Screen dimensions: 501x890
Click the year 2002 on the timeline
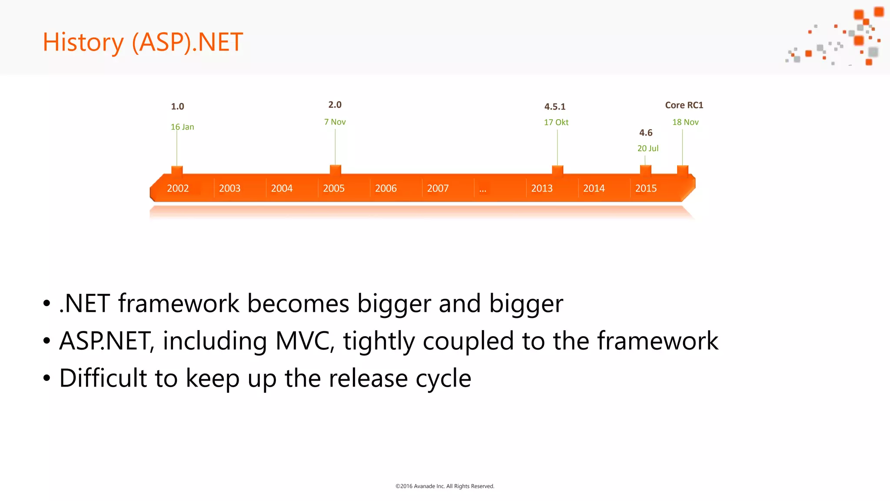click(x=178, y=188)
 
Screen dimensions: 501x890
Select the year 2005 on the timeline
click(x=334, y=188)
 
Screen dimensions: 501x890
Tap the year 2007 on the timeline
click(x=438, y=188)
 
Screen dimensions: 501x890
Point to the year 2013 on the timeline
click(x=542, y=188)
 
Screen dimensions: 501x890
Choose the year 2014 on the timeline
click(x=594, y=188)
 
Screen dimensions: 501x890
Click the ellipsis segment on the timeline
click(x=483, y=189)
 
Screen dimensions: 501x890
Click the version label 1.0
click(x=177, y=107)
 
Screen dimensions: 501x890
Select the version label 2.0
click(x=335, y=105)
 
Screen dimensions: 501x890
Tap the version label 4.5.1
click(x=555, y=107)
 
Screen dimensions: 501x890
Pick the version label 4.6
click(x=646, y=133)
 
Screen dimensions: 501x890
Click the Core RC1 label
click(x=684, y=105)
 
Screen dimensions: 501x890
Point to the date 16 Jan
click(x=182, y=127)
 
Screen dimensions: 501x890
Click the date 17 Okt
click(x=556, y=122)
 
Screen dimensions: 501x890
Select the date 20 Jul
click(x=648, y=148)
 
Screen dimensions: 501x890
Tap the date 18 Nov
click(x=685, y=122)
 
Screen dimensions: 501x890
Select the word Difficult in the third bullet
click(x=103, y=378)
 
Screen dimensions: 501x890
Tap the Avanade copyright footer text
click(x=445, y=486)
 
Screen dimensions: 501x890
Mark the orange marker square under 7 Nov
click(x=335, y=170)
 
